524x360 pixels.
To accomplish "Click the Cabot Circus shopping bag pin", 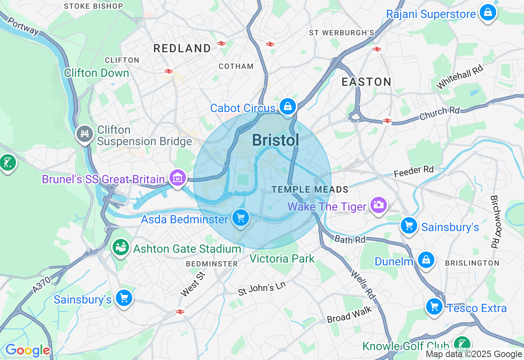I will coord(288,106).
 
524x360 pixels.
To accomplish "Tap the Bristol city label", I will coord(275,140).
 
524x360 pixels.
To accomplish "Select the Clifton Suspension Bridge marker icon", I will coord(85,134).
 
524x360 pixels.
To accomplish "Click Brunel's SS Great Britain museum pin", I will coord(177,178).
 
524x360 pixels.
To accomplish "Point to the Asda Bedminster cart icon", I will coord(240,218).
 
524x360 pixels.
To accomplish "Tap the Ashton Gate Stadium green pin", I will coord(121,247).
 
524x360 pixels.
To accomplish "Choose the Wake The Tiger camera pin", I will coord(379,205).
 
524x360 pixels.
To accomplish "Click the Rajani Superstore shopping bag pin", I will coord(488,13).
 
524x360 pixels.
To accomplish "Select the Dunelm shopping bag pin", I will coord(426,260).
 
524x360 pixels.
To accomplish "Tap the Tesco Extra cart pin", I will coord(434,306).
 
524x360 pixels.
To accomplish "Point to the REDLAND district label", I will coord(182,48).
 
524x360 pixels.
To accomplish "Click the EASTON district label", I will coord(366,82).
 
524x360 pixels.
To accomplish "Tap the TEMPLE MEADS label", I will coord(310,190).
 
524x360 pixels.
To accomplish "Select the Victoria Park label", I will coord(282,259).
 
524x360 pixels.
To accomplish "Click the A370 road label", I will coord(41,284).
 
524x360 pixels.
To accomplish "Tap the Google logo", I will coord(27,351).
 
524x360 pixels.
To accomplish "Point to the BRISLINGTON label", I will coord(472,263).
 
